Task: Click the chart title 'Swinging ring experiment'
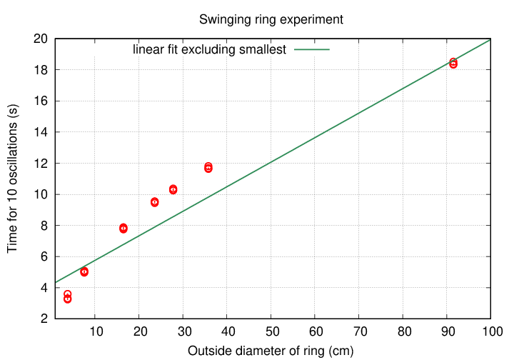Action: click(x=271, y=19)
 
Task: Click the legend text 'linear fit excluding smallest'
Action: click(x=209, y=50)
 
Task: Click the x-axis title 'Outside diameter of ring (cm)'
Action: click(x=271, y=351)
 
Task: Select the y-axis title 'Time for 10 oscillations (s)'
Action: click(x=12, y=179)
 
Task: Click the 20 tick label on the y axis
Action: click(x=41, y=39)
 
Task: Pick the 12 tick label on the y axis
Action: click(x=41, y=163)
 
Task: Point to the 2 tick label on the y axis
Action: click(x=44, y=319)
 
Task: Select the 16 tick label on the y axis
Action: click(x=41, y=101)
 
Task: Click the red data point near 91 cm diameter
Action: click(x=453, y=63)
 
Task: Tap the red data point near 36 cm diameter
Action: click(x=208, y=168)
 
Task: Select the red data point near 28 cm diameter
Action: click(x=173, y=189)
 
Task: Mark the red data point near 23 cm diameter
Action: click(x=155, y=202)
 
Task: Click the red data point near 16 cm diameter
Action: click(x=124, y=228)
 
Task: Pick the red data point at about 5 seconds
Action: click(x=84, y=271)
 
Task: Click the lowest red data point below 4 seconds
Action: click(x=68, y=299)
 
